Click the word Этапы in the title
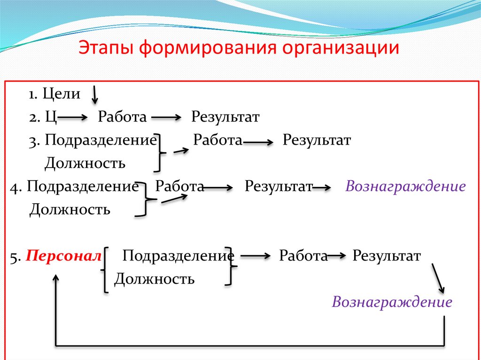click(x=106, y=49)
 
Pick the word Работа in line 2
click(x=122, y=117)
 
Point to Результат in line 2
click(x=225, y=117)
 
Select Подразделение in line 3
click(x=101, y=140)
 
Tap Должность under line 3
click(x=85, y=163)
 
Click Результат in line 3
click(x=317, y=140)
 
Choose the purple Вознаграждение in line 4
click(x=405, y=187)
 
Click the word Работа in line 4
click(x=179, y=187)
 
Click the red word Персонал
click(x=63, y=256)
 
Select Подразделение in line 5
click(x=178, y=256)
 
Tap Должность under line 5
click(x=155, y=280)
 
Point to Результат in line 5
click(x=387, y=256)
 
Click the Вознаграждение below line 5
click(x=392, y=302)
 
